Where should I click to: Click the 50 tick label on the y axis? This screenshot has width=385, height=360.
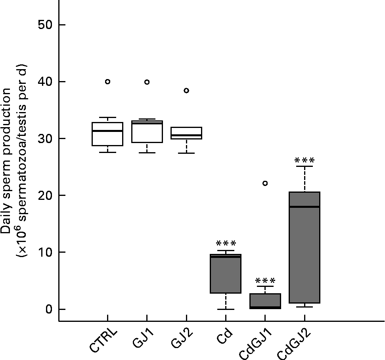(x=47, y=25)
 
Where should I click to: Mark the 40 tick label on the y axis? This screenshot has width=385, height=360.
(x=47, y=81)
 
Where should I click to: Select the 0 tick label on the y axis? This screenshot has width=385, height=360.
(x=49, y=309)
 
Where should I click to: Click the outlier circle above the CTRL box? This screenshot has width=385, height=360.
(x=107, y=81)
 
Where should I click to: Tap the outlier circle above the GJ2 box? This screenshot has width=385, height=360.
(x=186, y=91)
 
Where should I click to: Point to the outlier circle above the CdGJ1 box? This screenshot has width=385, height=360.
(x=265, y=183)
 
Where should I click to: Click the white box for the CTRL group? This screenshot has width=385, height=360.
(x=107, y=134)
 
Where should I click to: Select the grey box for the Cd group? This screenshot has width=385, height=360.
(x=226, y=274)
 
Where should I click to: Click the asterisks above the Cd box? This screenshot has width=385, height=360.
(x=226, y=244)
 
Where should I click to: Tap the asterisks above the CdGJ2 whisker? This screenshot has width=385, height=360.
(x=305, y=161)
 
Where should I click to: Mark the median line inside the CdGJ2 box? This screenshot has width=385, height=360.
(x=305, y=207)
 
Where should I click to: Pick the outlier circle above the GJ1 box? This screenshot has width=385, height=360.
(x=147, y=82)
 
